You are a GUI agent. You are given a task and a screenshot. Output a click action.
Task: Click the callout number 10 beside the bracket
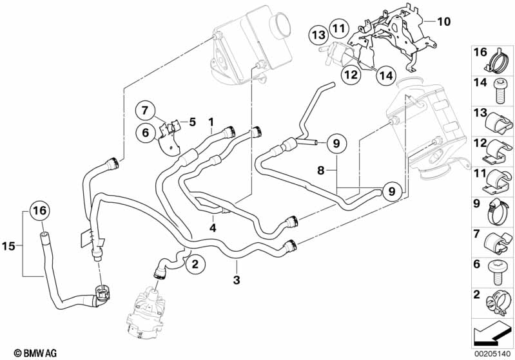pyautogui.click(x=444, y=21)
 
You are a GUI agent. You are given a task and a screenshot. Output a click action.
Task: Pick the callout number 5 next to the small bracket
pyautogui.click(x=191, y=120)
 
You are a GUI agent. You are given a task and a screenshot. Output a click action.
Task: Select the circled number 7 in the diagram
pyautogui.click(x=145, y=110)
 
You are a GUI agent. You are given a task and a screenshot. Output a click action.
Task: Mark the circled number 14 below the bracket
pyautogui.click(x=385, y=75)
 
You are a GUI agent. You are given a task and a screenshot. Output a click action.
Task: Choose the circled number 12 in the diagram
pyautogui.click(x=350, y=75)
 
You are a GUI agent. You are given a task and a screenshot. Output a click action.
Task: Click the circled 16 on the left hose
pyautogui.click(x=39, y=211)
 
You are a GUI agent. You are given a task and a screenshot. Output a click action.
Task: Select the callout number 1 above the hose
pyautogui.click(x=211, y=120)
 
